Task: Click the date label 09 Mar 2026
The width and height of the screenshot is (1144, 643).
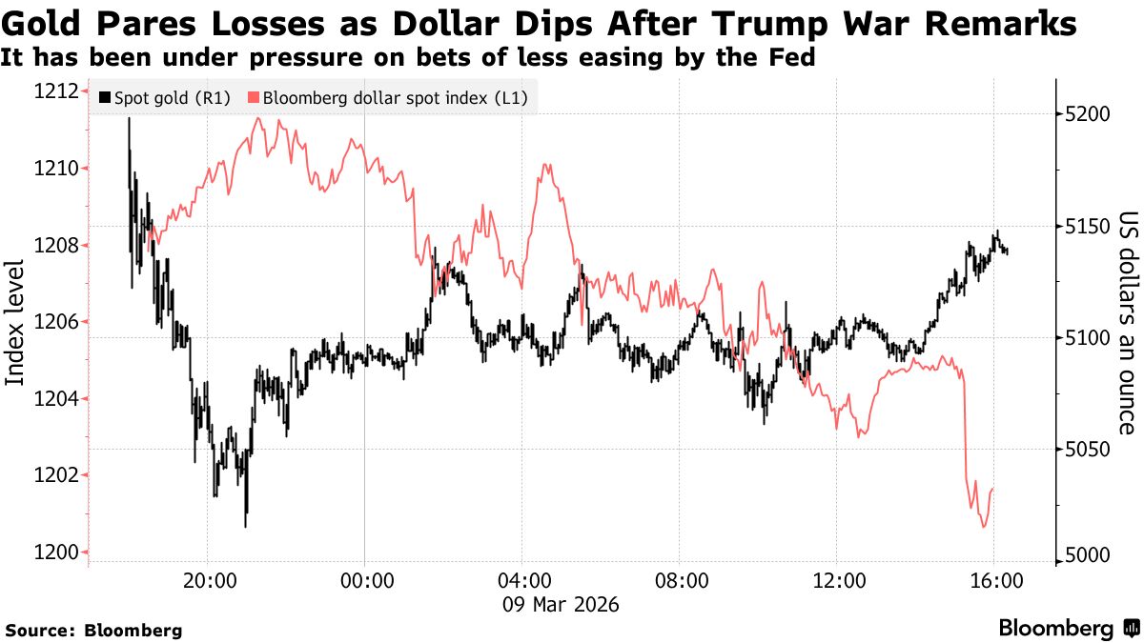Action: tap(562, 604)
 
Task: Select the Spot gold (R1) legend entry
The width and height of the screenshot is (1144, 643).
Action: tap(165, 97)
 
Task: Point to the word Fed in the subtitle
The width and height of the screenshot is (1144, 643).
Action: tap(793, 59)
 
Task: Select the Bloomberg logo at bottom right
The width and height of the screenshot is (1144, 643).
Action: tap(1068, 628)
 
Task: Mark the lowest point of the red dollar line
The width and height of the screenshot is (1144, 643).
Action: tap(983, 527)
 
